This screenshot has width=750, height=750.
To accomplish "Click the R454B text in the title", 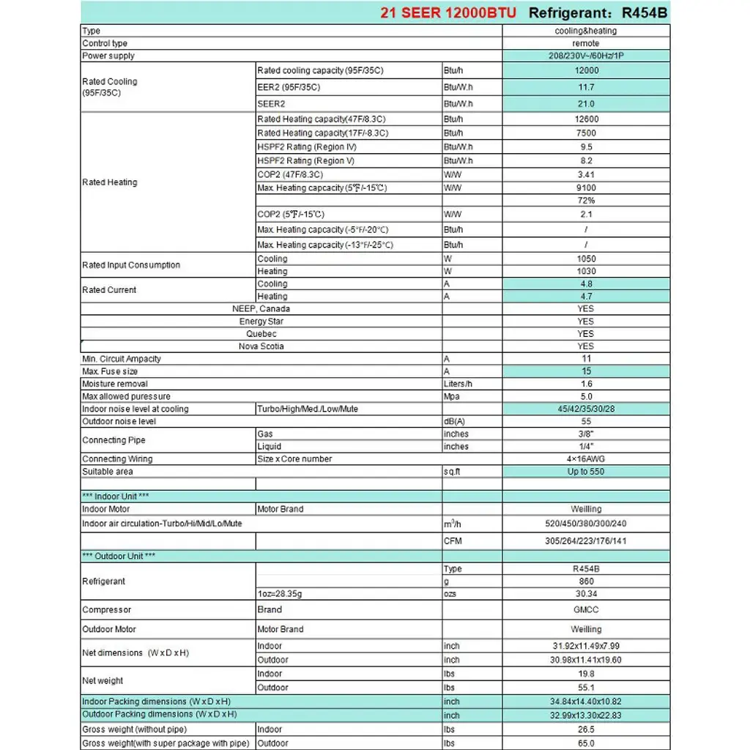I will tap(645, 12).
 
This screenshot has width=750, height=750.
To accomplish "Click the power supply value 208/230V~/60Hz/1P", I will tap(586, 56).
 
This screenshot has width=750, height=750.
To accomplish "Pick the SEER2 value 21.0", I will tap(586, 104).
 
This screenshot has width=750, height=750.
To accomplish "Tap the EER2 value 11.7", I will tap(586, 87).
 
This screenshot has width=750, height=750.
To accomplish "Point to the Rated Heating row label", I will tap(110, 182).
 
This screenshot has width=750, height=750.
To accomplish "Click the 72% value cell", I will tap(586, 200).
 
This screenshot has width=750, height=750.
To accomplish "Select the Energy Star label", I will tap(261, 322).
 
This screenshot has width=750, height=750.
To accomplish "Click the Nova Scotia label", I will tap(261, 346).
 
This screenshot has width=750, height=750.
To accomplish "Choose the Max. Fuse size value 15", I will tap(586, 371).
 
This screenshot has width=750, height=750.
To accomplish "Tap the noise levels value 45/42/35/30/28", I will tap(586, 409).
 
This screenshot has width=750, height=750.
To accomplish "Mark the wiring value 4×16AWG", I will tap(586, 459).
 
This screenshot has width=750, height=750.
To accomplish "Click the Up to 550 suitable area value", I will tap(586, 472).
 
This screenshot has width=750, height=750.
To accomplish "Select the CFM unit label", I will tap(453, 541).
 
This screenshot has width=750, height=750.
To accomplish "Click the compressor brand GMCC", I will tap(586, 610).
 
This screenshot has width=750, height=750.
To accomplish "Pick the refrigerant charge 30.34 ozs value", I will tap(586, 594).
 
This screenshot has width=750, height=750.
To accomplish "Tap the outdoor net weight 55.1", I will tap(586, 688).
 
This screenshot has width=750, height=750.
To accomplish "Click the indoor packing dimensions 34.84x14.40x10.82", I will tap(586, 702).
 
